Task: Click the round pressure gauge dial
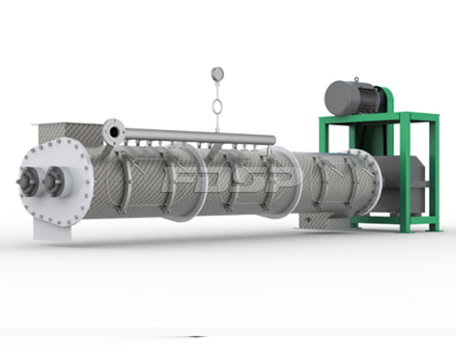[x=217, y=73]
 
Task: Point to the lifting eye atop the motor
[x=356, y=79]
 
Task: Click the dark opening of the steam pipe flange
[x=114, y=132]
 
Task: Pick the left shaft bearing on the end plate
[x=28, y=181]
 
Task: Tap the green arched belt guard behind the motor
[x=388, y=99]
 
